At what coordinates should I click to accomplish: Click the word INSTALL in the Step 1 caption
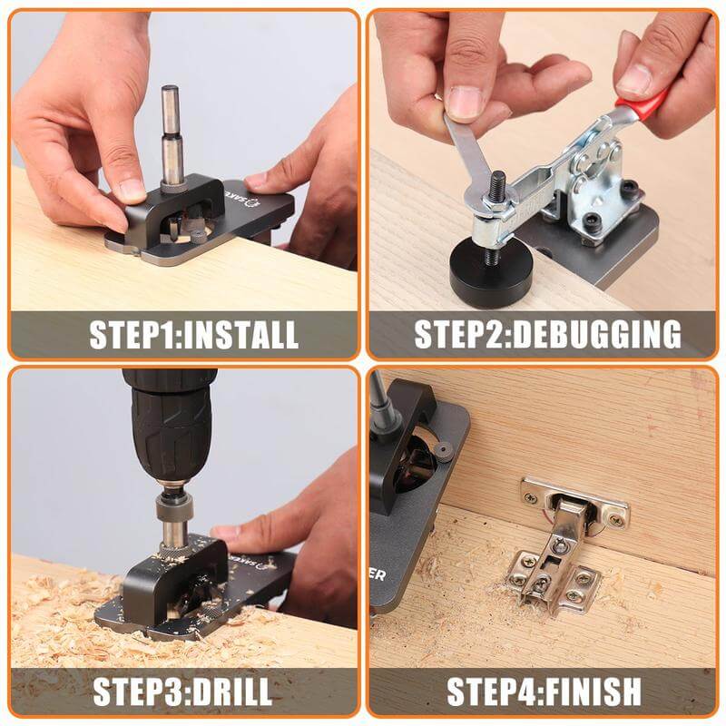[241, 334]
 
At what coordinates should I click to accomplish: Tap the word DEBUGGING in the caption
[597, 334]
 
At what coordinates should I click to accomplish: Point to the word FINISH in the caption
[594, 692]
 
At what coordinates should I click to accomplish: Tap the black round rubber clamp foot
[491, 274]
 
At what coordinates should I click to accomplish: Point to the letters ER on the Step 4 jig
[378, 574]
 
